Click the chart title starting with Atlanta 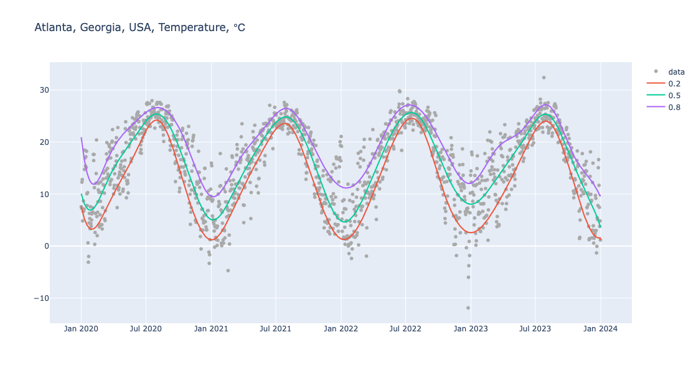coord(140,27)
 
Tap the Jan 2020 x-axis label coord(81,329)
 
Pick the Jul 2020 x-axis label coord(146,329)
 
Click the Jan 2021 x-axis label coord(211,329)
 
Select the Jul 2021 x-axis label coord(276,329)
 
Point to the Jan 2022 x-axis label coord(341,329)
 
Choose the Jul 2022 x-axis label coord(405,329)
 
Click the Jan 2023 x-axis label coord(471,329)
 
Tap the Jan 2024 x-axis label coord(600,329)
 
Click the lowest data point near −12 coord(468,308)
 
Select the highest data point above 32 coord(543,78)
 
